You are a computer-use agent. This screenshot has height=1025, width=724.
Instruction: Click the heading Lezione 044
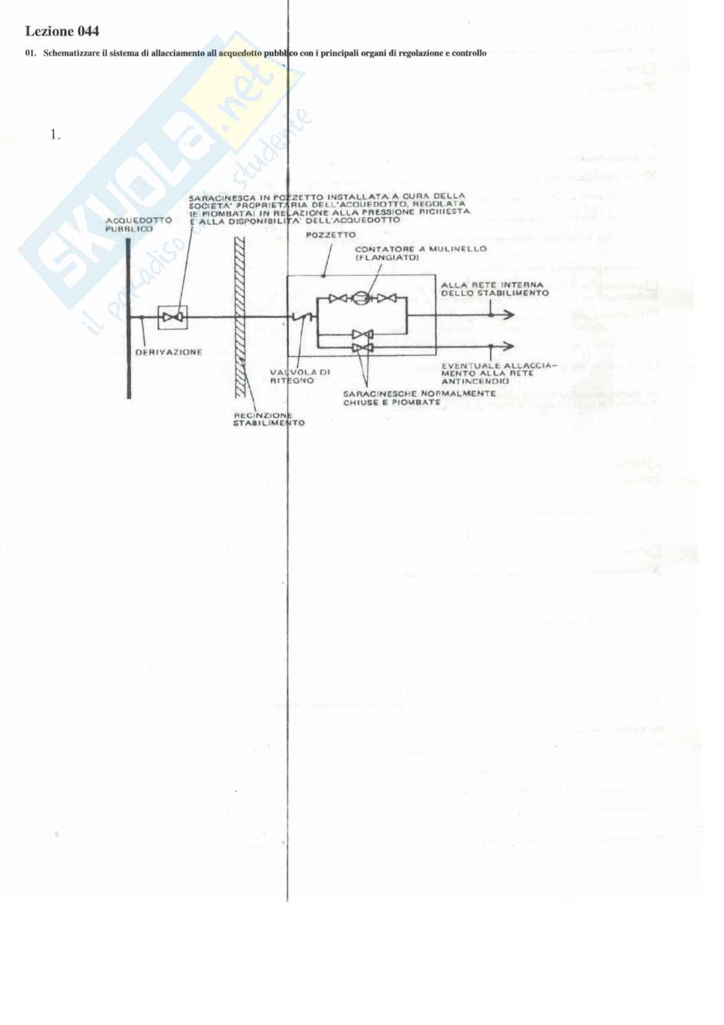[x=62, y=31]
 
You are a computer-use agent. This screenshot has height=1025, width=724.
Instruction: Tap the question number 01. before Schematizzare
[x=30, y=53]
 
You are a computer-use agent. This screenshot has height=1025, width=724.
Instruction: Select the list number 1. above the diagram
[x=55, y=135]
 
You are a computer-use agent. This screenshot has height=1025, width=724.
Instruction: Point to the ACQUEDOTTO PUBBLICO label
[x=138, y=225]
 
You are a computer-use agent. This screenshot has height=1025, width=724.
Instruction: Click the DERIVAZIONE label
[x=169, y=352]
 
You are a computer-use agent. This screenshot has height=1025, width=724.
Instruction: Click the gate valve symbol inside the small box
[x=173, y=317]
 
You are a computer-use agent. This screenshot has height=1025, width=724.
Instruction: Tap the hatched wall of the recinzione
[x=239, y=318]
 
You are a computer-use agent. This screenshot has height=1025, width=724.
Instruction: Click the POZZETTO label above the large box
[x=331, y=234]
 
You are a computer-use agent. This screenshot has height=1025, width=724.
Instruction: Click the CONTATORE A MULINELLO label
[x=420, y=253]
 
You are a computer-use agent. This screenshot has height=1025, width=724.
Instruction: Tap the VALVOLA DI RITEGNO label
[x=300, y=377]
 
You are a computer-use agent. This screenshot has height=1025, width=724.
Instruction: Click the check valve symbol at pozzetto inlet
[x=302, y=317]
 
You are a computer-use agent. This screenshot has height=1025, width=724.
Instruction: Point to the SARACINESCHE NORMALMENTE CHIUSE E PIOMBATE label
[x=418, y=398]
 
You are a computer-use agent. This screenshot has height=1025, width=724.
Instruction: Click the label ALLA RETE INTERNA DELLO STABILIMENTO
[x=494, y=289]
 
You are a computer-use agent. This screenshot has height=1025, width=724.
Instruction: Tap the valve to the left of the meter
[x=337, y=299]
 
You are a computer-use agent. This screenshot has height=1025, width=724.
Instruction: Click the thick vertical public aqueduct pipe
[x=128, y=318]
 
